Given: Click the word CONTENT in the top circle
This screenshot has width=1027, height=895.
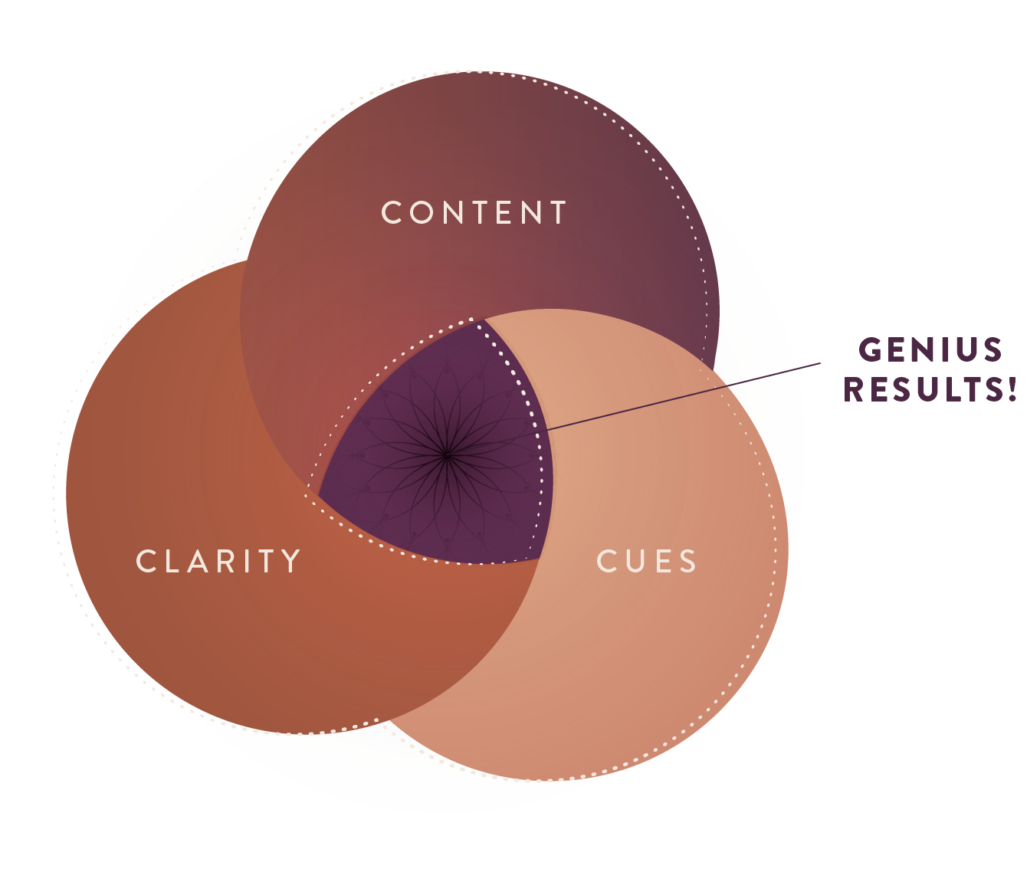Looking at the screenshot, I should (474, 213).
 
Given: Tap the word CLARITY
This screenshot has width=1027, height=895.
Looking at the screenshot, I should (218, 562).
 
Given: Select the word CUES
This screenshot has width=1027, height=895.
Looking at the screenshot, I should (646, 562).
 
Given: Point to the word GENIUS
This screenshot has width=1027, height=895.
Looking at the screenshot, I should (930, 350).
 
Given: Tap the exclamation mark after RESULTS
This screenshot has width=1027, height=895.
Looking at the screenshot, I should (1012, 389).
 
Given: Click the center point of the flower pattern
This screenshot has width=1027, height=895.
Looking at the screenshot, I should (447, 457).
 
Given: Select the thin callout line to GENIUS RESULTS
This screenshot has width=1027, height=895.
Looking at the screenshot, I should (682, 396).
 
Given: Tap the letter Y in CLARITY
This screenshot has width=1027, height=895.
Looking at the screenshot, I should (291, 562).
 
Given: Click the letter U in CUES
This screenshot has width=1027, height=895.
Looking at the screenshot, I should (632, 562).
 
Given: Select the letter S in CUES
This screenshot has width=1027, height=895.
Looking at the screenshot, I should (687, 562).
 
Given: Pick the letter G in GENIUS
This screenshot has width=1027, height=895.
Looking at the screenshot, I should (869, 350).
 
